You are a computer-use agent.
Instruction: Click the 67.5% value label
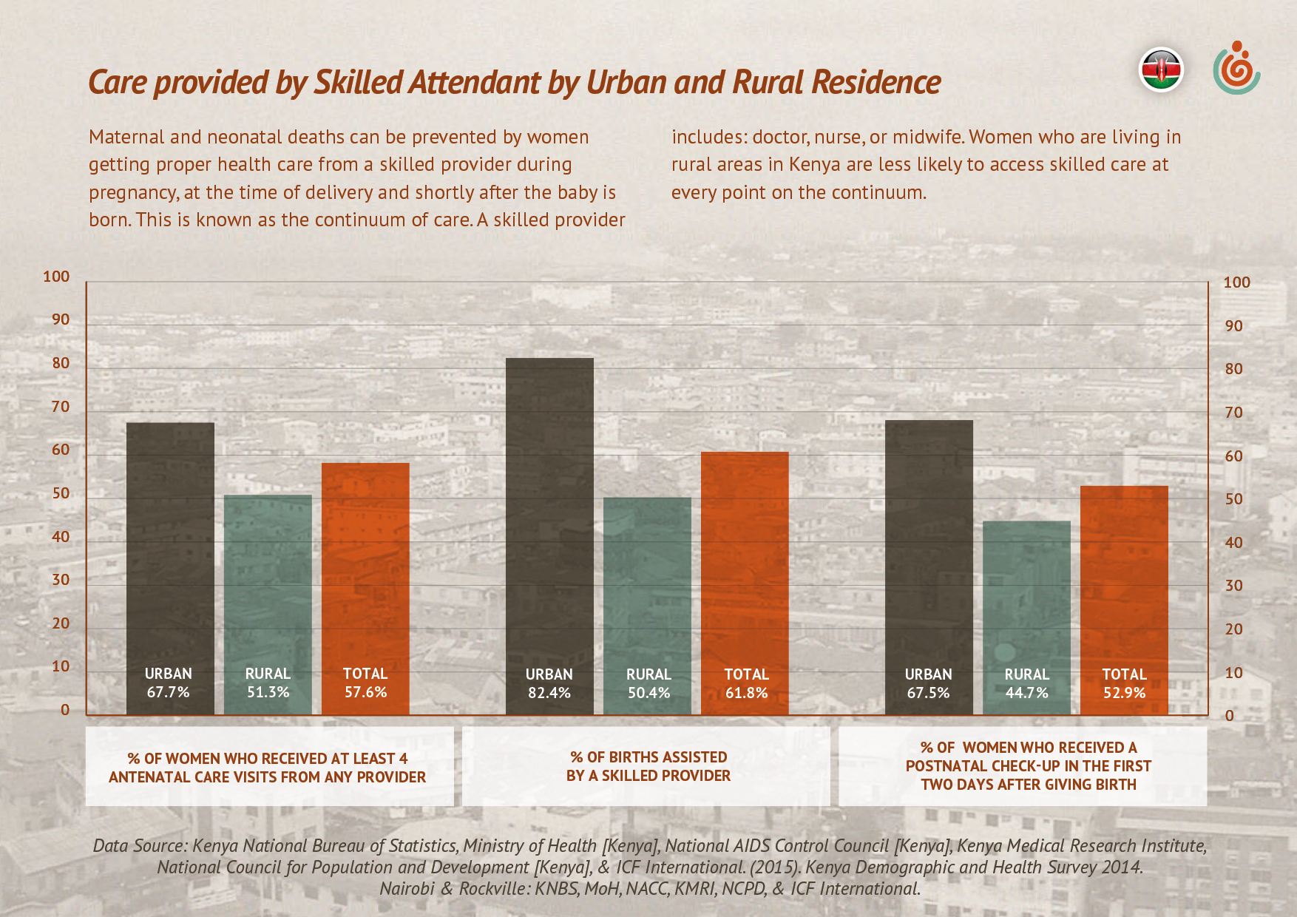tap(928, 693)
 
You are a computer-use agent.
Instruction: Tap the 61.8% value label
tap(746, 693)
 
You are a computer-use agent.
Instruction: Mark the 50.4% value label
tap(648, 693)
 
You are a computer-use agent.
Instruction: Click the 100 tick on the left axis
tap(56, 277)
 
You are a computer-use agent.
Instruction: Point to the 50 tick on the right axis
tap(1233, 499)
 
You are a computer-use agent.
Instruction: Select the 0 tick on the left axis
tap(65, 710)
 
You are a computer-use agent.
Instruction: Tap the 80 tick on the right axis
tap(1233, 369)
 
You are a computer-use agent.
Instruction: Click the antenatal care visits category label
tap(268, 768)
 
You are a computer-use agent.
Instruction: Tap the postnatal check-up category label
tap(1028, 766)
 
